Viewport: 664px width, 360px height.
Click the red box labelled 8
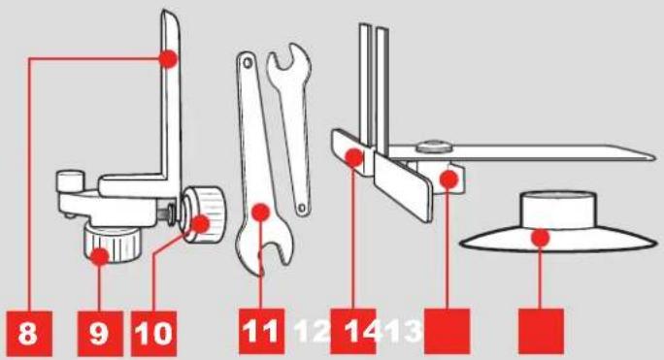pos(29,334)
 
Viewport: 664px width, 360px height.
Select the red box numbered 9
pos(100,334)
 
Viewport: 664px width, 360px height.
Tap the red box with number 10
pos(153,334)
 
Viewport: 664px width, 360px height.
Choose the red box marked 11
pos(261,331)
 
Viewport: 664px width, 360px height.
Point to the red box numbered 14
pos(353,331)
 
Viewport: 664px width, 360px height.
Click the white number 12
pos(312,331)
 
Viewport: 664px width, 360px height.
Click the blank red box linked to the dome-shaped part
pos(541,331)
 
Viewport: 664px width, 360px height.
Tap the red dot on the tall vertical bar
pos(168,58)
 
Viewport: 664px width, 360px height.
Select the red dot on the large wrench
pos(260,212)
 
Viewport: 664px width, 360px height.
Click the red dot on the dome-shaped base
pos(541,237)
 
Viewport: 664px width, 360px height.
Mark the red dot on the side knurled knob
pos(201,223)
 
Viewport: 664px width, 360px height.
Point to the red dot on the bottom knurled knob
pos(100,256)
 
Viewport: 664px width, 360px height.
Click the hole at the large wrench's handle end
pos(247,63)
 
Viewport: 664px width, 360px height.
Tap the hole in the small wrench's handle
pos(301,208)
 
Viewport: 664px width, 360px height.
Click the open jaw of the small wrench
pos(288,58)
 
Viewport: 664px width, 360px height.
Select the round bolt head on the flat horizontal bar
pos(434,147)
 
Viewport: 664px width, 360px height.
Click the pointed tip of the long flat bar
pos(656,156)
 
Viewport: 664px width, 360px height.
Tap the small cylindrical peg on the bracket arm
pos(69,180)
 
